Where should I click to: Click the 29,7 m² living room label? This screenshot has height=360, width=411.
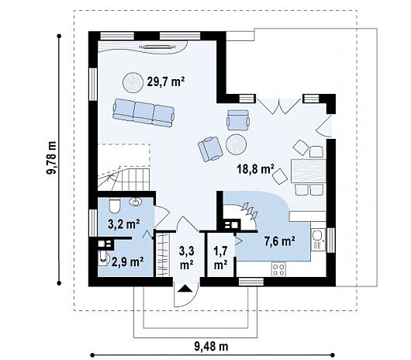coord(166,81)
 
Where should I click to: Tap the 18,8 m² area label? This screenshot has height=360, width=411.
coord(256,169)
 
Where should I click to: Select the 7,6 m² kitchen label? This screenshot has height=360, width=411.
coord(280,241)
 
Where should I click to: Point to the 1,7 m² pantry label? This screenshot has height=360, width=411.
coord(220,258)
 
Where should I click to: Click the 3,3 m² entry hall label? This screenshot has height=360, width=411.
coord(186,258)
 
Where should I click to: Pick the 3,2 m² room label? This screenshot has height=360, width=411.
coord(124,224)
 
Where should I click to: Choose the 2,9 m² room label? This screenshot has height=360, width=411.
coord(128,261)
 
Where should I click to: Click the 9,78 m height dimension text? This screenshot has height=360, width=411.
coord(51,158)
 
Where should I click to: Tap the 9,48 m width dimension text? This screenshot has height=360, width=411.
coord(211,347)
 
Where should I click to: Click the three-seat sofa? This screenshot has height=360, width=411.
coord(143,112)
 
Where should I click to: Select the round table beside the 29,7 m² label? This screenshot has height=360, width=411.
coord(133,82)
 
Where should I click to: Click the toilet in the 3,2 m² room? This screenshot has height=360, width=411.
coord(114,206)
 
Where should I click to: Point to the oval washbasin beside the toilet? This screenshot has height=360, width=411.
coord(136,202)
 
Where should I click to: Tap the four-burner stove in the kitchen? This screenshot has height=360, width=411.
coord(278,269)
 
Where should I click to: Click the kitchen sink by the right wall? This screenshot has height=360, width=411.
coord(318,240)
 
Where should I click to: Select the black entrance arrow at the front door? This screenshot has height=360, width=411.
coord(185,288)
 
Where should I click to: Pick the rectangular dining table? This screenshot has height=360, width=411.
coord(308,171)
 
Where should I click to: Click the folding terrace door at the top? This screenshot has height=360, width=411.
coord(278,106)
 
